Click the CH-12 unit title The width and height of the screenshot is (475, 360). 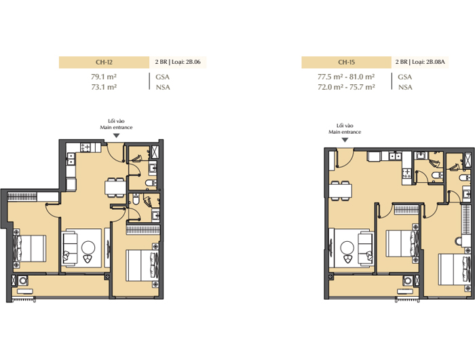coord(104,62)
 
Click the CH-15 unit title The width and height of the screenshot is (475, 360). coord(346,62)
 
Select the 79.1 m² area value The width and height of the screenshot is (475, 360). coord(104,77)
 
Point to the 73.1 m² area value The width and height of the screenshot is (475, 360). coord(104,87)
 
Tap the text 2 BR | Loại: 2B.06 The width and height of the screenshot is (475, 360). coord(178,62)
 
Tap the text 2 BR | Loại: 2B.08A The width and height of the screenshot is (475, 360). coord(420,62)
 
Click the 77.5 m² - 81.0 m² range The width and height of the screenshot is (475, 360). coord(346,77)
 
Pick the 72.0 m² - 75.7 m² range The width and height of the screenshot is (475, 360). coord(346,87)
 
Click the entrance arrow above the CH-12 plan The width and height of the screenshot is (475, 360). coord(116,136)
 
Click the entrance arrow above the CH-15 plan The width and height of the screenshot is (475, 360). coord(345,140)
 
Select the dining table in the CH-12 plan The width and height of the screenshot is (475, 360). coord(115,187)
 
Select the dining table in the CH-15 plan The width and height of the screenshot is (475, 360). coord(341,190)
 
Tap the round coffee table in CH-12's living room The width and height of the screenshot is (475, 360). coord(88,247)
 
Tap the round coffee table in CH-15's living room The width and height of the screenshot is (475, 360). coord(347,248)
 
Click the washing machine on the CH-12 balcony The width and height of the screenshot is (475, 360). coord(23,281)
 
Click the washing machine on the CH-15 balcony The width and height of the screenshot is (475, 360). coord(408,281)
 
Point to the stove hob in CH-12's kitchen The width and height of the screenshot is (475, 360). coord(85,147)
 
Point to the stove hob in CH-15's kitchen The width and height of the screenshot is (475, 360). coord(407,173)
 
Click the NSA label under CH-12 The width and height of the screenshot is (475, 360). coord(163,88)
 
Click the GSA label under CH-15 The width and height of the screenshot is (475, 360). coord(405,77)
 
